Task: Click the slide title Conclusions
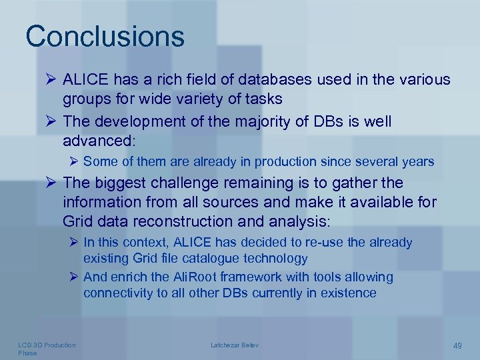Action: [105, 36]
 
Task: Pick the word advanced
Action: [97, 141]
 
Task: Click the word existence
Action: [349, 293]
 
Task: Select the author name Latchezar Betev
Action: [235, 345]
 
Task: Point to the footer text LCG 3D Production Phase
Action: [46, 349]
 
